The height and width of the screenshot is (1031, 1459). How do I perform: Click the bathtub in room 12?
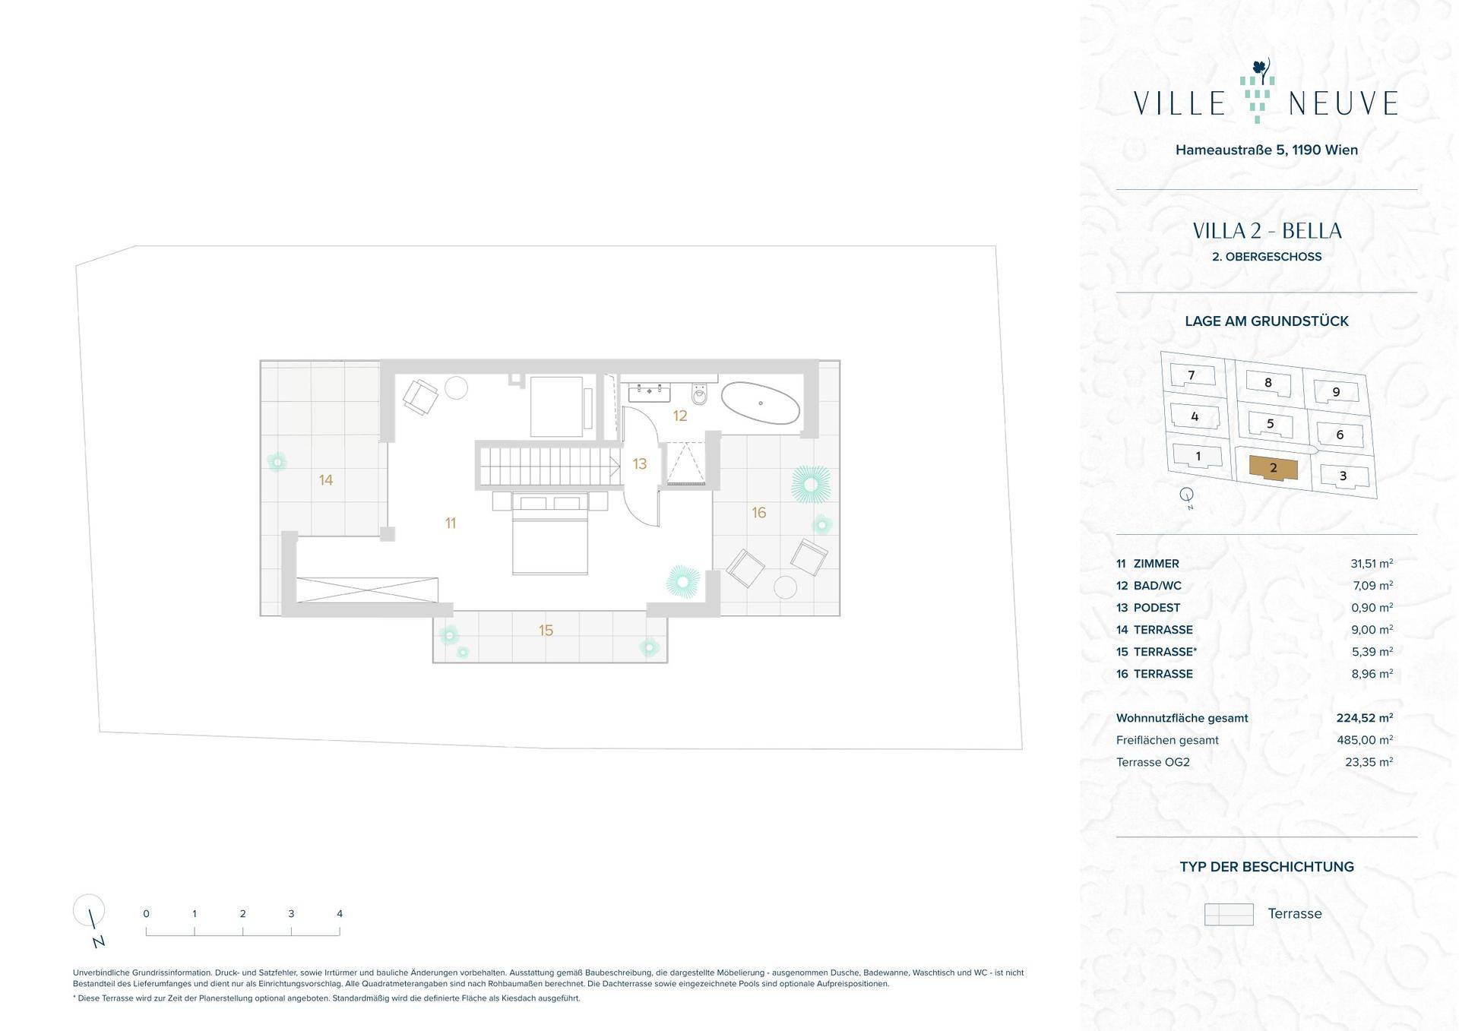(x=760, y=403)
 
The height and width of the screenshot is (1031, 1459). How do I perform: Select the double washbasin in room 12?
(x=649, y=392)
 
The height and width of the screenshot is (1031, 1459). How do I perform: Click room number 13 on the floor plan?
(x=640, y=463)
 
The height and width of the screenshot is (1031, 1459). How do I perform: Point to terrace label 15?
(x=546, y=630)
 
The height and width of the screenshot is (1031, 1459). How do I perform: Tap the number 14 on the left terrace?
(x=326, y=480)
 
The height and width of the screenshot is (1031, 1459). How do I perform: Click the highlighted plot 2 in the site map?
(x=1274, y=468)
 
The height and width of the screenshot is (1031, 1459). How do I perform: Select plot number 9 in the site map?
(x=1336, y=393)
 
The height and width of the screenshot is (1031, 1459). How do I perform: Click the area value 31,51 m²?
(x=1372, y=564)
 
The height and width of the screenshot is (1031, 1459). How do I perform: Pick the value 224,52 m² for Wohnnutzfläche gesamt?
(x=1365, y=718)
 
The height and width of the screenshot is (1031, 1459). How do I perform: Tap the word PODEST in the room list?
(x=1157, y=608)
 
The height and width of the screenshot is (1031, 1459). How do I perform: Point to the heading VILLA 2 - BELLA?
(x=1267, y=231)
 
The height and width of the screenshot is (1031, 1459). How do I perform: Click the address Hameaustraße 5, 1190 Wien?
(x=1267, y=150)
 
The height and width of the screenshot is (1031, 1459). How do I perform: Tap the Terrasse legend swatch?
(x=1229, y=914)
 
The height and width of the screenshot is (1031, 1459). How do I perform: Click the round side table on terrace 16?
(x=785, y=587)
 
